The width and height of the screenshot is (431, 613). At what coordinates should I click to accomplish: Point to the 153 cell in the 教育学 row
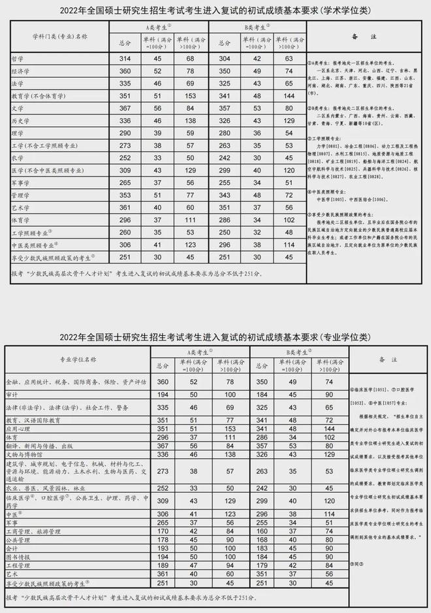coord(191,95)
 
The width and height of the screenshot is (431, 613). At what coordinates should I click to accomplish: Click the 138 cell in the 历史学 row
coord(191,120)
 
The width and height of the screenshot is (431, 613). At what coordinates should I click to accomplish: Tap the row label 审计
coord(12,395)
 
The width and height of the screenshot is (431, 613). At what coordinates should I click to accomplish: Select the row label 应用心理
coord(20,429)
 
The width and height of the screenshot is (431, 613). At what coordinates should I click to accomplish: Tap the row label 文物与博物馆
coord(28,454)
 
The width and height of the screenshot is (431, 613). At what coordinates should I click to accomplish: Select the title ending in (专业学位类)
coord(215,337)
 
